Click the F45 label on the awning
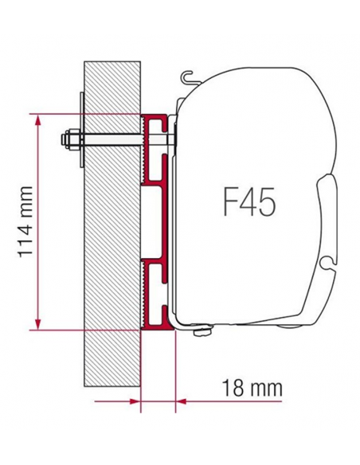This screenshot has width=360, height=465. pos(246,201)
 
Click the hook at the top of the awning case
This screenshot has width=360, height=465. pos(188,76)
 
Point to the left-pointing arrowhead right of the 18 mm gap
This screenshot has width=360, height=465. pos(182,401)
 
